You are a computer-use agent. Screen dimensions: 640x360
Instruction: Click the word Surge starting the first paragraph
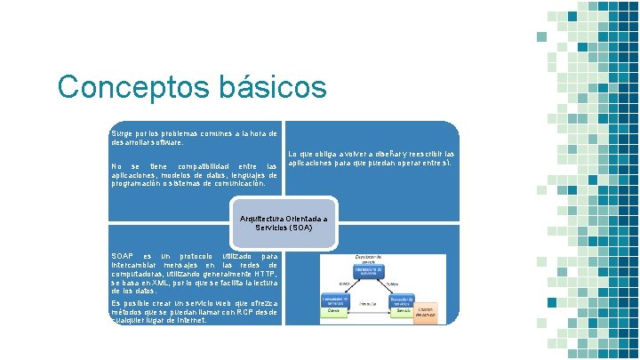(x=120, y=132)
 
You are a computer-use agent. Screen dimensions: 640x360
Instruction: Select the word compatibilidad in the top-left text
(x=201, y=166)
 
